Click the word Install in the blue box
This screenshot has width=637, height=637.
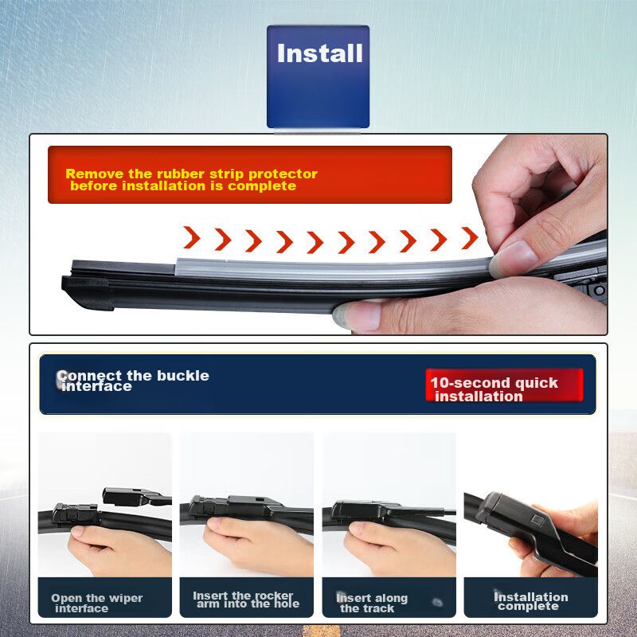point(320,53)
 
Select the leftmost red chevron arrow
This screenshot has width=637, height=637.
point(191,237)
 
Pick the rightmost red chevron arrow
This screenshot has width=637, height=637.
point(470,238)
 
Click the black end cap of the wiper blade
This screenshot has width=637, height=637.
point(88,291)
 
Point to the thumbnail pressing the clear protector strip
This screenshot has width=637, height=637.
point(513,258)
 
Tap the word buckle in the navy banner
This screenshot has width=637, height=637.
point(183,375)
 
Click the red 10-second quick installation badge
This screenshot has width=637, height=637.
point(504,385)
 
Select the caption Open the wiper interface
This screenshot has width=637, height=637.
point(96,603)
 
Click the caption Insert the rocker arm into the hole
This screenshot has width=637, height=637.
point(245,600)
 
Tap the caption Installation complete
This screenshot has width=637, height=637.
point(530,601)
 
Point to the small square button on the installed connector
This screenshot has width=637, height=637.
point(537,520)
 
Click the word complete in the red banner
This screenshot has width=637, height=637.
point(262,186)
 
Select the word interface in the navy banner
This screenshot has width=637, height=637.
point(96,386)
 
